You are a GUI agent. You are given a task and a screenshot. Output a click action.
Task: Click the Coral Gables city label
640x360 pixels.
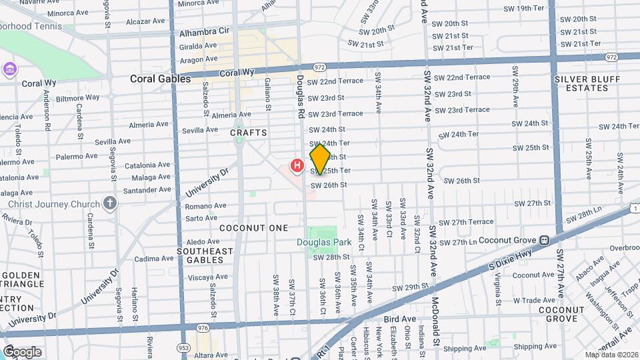[x=160, y=79]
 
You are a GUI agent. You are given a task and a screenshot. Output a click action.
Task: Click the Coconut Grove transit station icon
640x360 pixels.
[x=544, y=240]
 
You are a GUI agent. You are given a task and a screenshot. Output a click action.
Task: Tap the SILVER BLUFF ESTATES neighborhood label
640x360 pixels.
[x=587, y=83]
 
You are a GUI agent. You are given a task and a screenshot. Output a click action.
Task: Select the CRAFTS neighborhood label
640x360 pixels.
[x=249, y=133]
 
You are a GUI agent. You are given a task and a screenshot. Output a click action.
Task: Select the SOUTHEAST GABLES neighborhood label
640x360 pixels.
[x=205, y=255]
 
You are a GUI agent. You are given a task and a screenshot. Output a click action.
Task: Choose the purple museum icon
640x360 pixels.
[x=9, y=69]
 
